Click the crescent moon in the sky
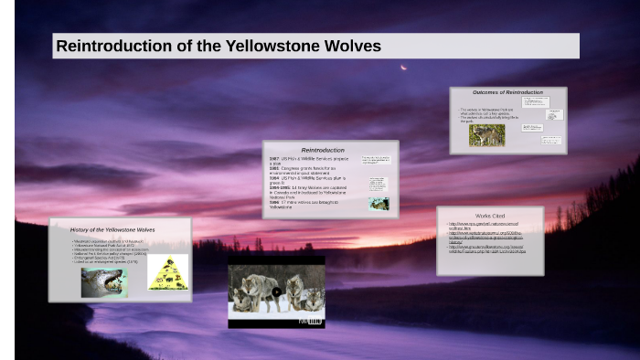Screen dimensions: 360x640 point(403,67)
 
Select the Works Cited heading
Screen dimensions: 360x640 point(490,216)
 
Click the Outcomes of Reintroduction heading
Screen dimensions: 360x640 point(507,93)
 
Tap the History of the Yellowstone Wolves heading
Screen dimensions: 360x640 point(112,229)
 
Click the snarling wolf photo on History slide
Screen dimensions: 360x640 point(103,281)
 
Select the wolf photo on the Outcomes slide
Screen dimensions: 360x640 point(486,134)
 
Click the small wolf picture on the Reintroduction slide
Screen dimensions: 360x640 point(379,204)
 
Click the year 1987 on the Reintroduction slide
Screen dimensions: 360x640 point(274,158)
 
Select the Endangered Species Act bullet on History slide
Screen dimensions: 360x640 point(110,259)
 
